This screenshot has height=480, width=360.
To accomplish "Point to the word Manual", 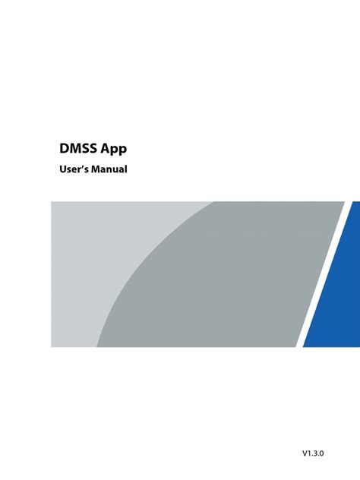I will pyautogui.click(x=108, y=169).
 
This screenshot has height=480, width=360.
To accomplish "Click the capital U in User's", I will pyautogui.click(x=63, y=169).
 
